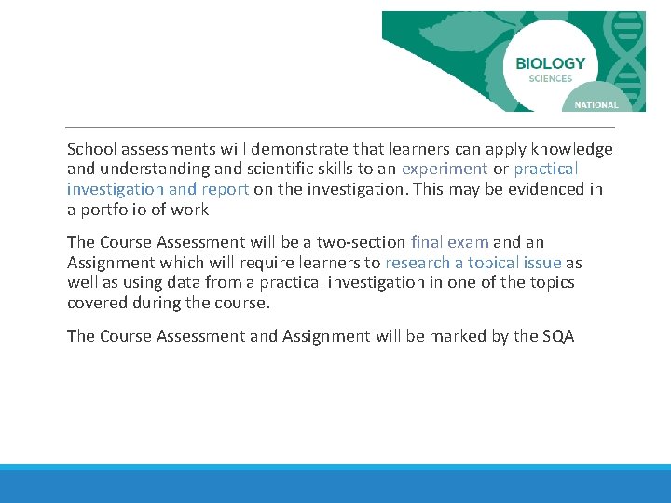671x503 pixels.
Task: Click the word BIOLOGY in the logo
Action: [x=550, y=63]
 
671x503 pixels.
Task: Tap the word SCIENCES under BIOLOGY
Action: [x=550, y=79]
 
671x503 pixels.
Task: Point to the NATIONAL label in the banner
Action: [x=596, y=105]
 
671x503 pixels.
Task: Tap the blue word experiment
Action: [x=445, y=169]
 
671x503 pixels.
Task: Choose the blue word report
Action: [x=225, y=189]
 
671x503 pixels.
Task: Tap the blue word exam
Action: [x=470, y=242]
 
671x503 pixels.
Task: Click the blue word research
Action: [x=417, y=263]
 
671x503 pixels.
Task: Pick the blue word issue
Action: [x=541, y=263]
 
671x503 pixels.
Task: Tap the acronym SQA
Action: [x=558, y=336]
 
